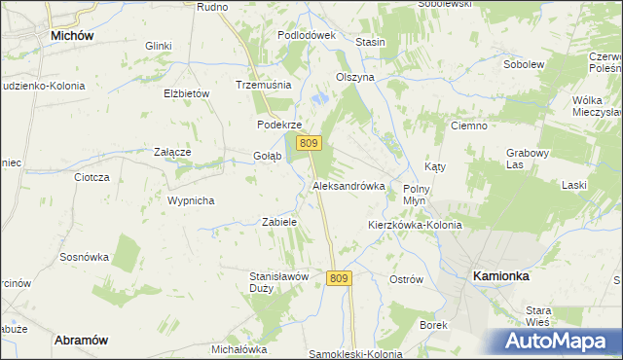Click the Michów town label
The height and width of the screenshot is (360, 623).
point(71,35)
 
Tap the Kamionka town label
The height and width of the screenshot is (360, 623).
point(500,276)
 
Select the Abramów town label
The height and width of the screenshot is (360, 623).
point(81,340)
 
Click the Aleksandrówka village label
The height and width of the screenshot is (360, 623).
point(348,185)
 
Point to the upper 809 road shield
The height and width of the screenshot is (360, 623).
point(309,143)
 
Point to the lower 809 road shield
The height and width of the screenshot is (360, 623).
point(338,278)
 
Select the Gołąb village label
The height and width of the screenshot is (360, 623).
point(267,156)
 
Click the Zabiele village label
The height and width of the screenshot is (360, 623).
point(279,222)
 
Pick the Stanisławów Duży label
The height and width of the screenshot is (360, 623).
point(279,282)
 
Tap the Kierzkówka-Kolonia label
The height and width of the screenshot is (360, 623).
point(414,225)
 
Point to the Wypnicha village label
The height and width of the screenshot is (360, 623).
point(191,200)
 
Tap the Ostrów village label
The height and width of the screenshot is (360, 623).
point(406,279)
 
